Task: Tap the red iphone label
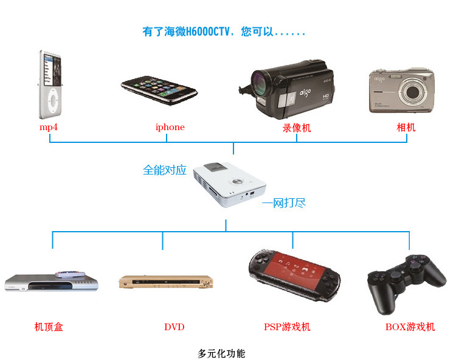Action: click(x=170, y=127)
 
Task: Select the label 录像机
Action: click(x=296, y=128)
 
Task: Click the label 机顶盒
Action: click(x=49, y=327)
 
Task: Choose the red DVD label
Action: click(x=174, y=327)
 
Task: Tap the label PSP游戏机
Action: click(x=287, y=327)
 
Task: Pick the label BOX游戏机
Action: click(x=410, y=327)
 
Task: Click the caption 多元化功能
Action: click(x=222, y=353)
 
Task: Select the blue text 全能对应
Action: click(x=164, y=170)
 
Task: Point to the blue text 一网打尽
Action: click(x=283, y=202)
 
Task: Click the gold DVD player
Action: click(x=167, y=282)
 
